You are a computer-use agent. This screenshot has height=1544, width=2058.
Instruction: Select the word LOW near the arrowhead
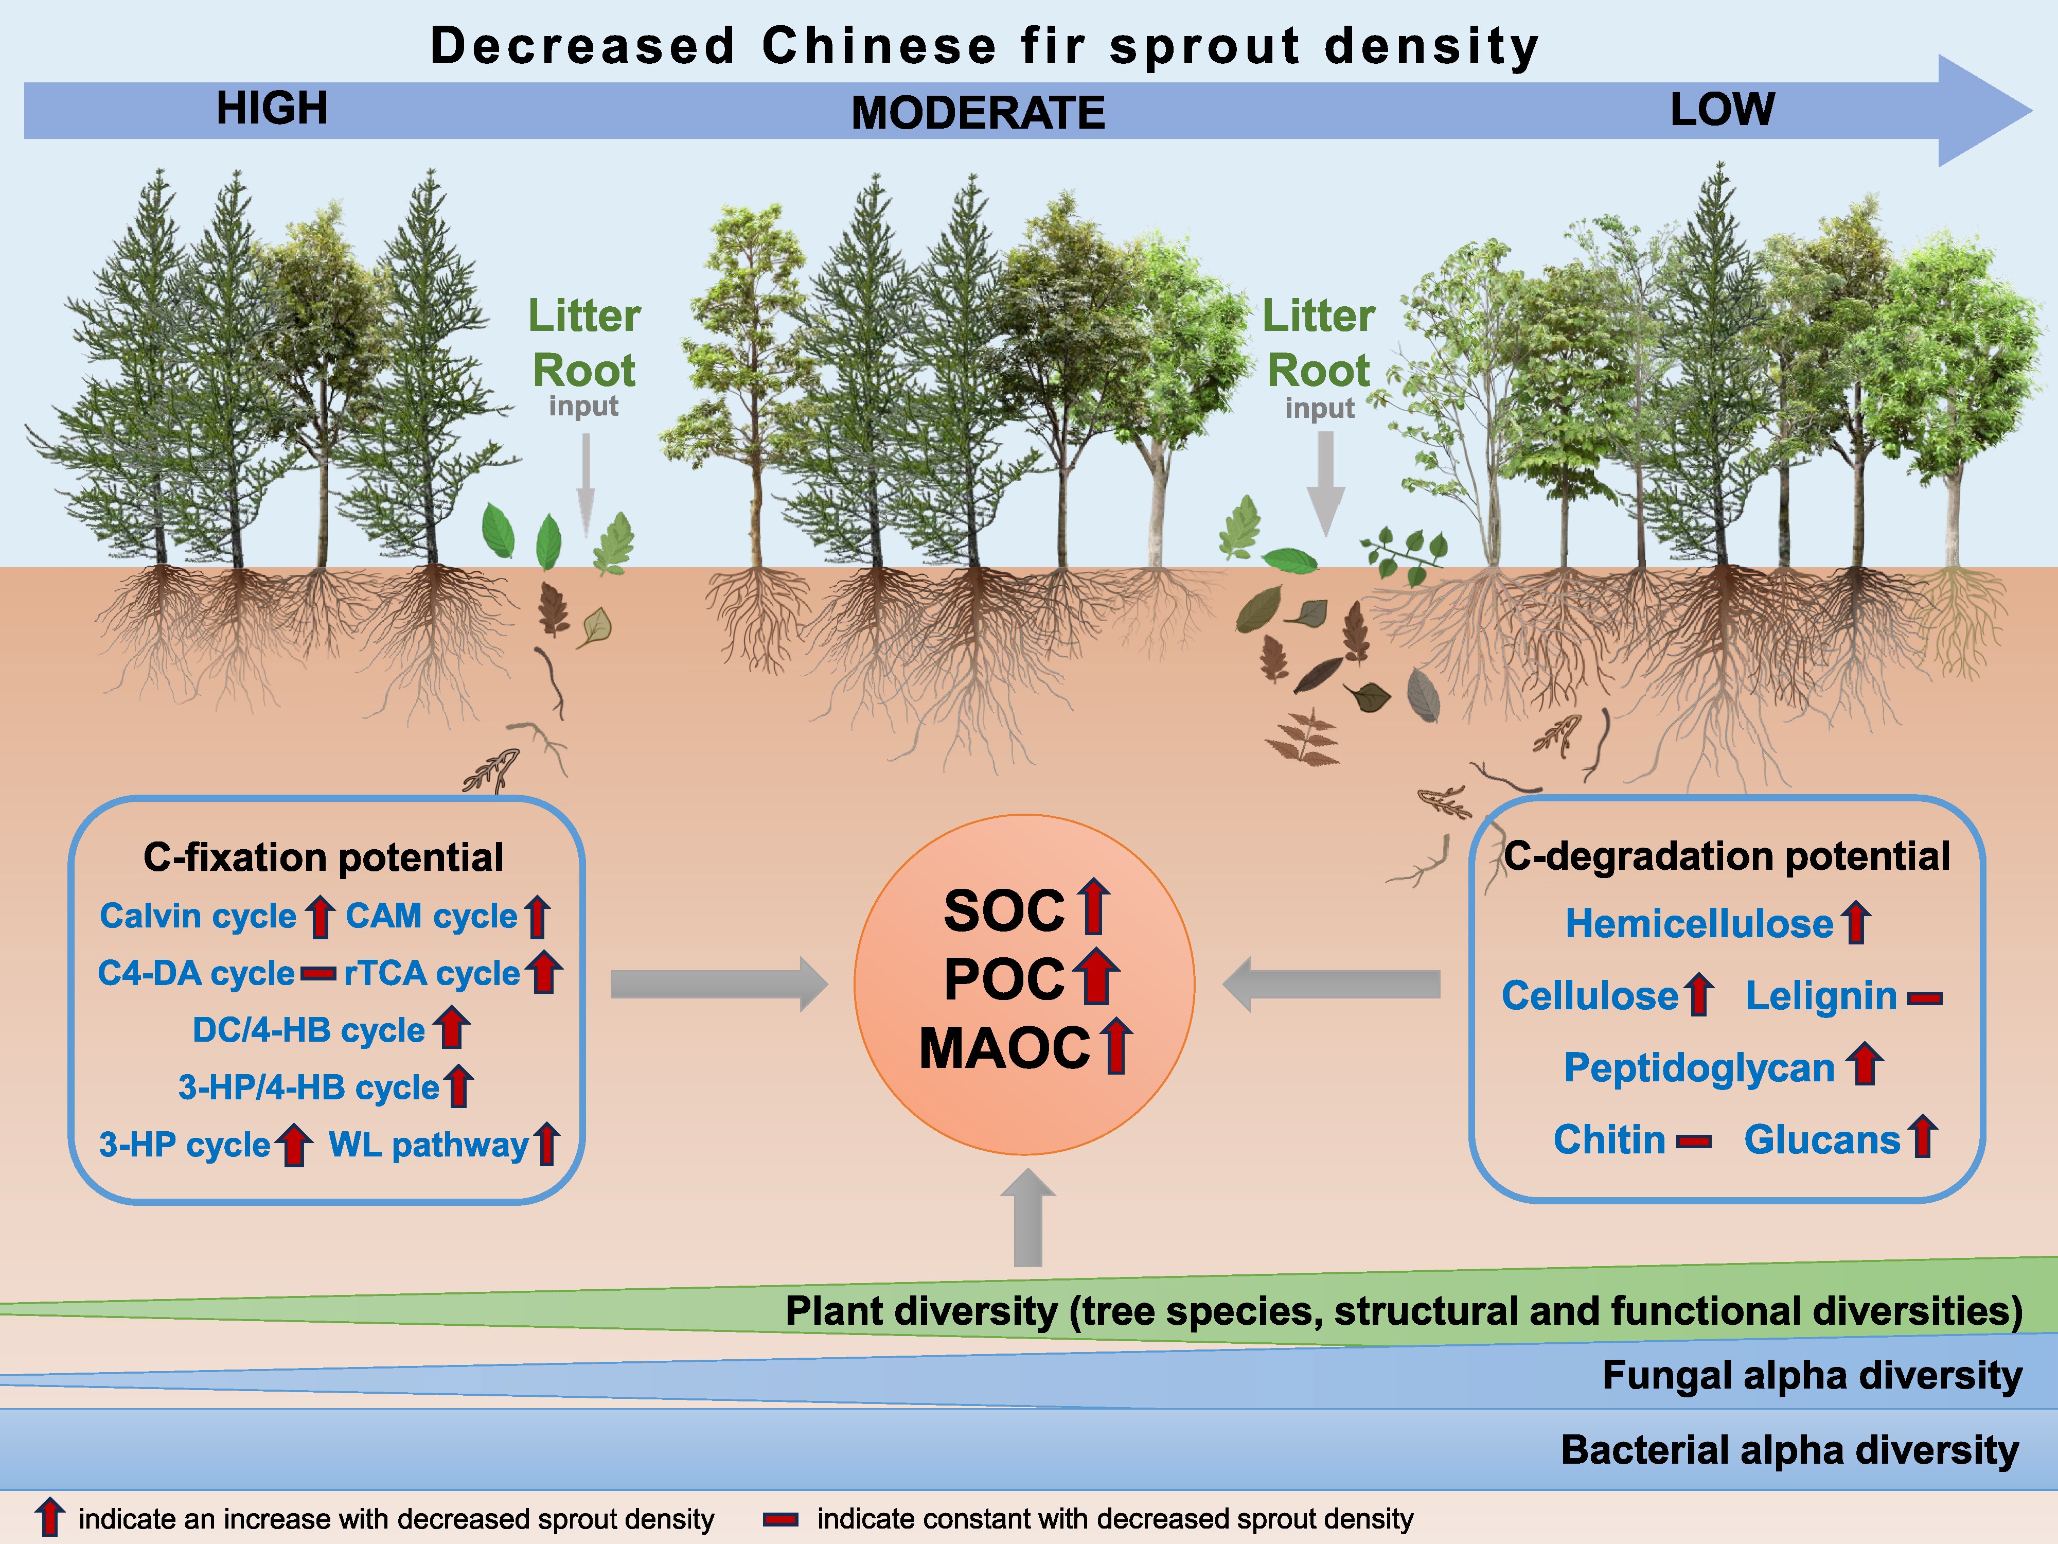(1722, 109)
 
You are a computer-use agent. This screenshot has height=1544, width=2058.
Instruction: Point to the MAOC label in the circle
(1005, 1049)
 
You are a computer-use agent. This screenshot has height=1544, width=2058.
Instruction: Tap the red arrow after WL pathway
(547, 1144)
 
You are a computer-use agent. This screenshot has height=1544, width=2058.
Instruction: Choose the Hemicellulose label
(1699, 923)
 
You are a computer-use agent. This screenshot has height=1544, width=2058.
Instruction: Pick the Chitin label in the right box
(1609, 1140)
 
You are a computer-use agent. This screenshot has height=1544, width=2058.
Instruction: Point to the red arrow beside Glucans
(1922, 1137)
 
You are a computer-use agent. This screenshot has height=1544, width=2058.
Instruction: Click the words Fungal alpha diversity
(1812, 1376)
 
